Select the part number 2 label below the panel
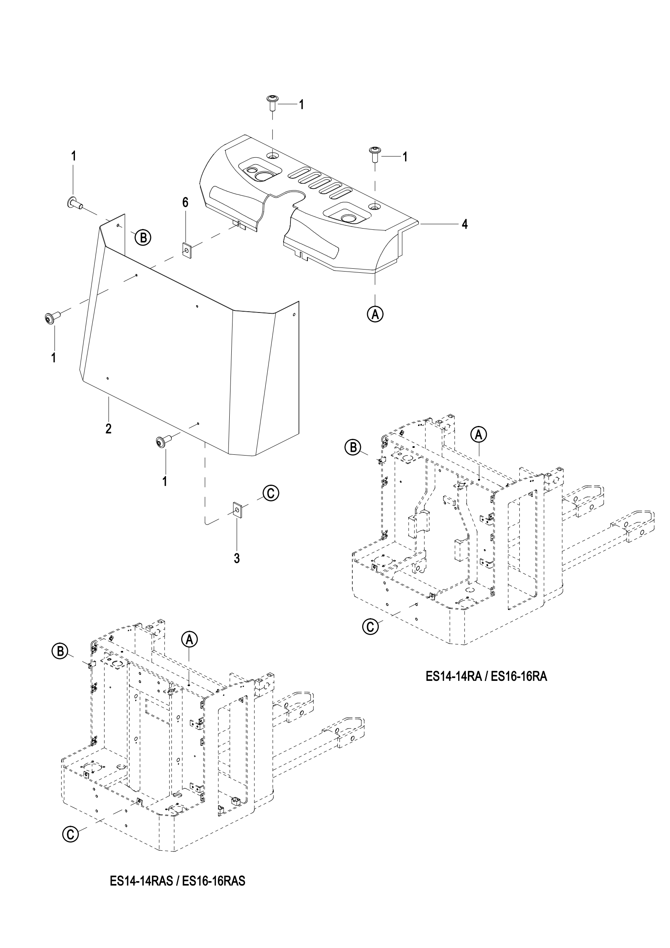109,428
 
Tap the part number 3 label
237,558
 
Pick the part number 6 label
185,202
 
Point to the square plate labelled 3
238,510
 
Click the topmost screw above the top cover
272,102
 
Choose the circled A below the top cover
375,314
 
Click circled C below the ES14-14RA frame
370,626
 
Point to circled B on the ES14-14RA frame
354,447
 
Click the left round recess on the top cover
262,176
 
